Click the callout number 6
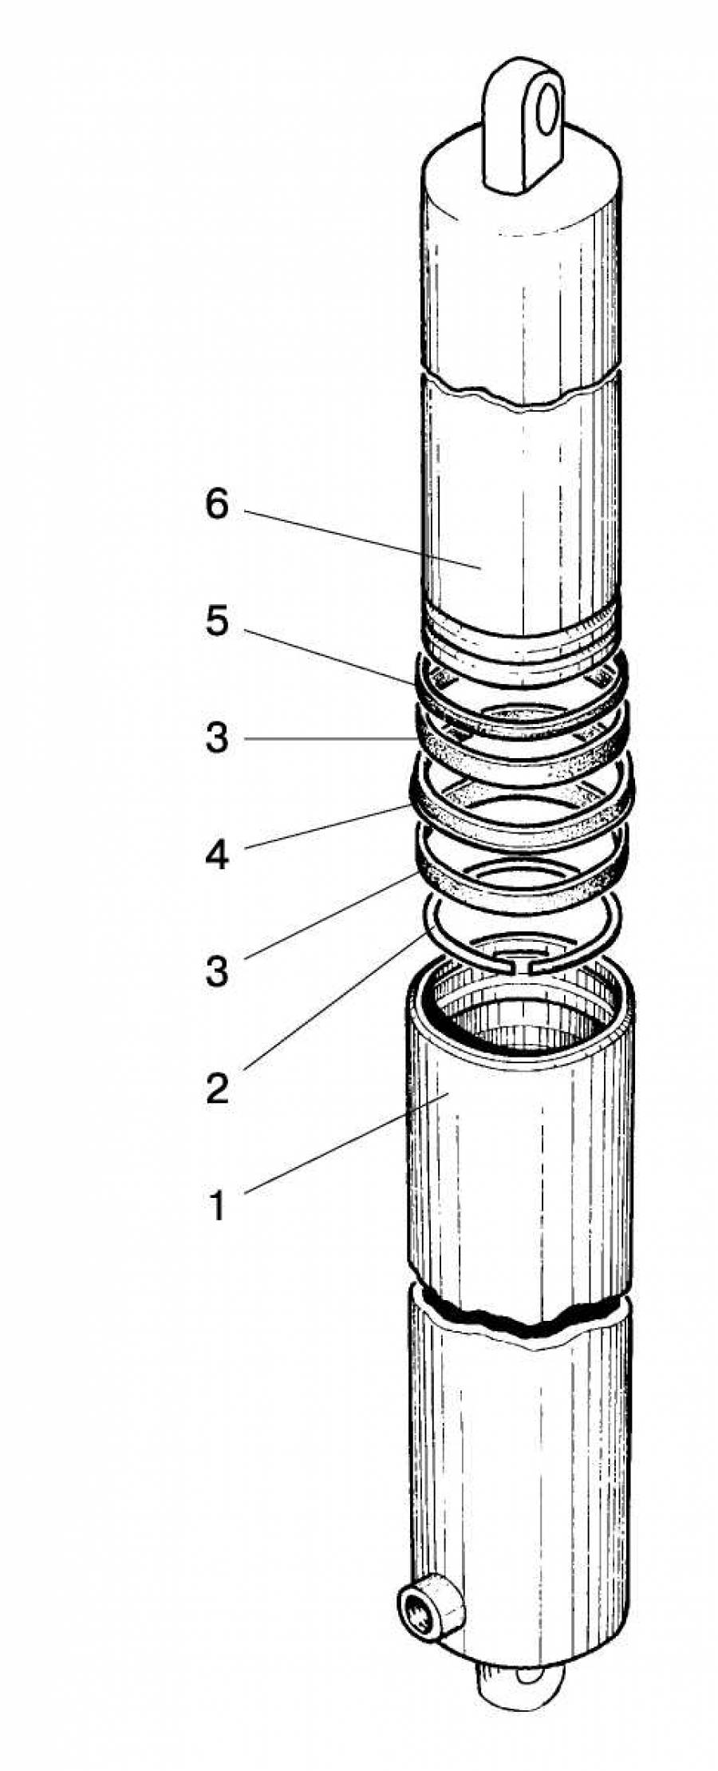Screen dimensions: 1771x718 point(217,505)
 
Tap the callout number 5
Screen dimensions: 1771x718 point(217,622)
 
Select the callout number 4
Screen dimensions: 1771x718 point(217,856)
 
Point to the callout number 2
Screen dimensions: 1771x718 point(217,1089)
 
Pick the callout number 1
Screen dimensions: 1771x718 point(217,1205)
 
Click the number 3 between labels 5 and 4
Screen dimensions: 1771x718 point(217,739)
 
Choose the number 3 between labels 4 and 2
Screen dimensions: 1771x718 point(217,972)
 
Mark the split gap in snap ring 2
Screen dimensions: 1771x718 point(522,968)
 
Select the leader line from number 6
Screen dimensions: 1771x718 point(359,539)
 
